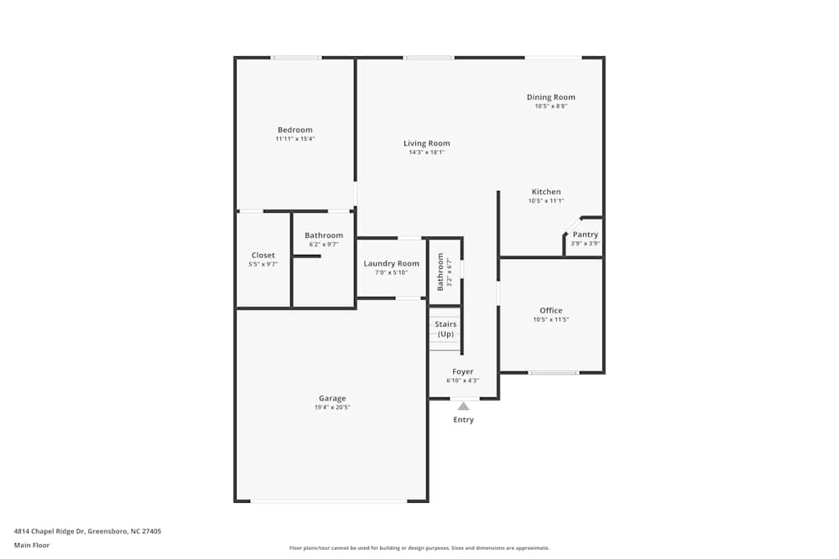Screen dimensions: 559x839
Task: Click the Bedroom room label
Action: coord(294,130)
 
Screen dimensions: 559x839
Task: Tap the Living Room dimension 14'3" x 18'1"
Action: coord(426,153)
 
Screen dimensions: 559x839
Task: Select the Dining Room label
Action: coord(550,97)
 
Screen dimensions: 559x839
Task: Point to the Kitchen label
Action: coord(545,192)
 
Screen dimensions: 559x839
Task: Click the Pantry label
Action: coord(585,235)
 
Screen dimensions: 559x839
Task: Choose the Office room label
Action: coord(550,311)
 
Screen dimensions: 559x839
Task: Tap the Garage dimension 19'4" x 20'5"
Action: coord(332,407)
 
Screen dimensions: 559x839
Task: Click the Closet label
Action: coord(263,256)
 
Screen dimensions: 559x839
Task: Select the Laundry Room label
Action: coord(391,264)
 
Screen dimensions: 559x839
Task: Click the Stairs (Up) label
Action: coord(446,329)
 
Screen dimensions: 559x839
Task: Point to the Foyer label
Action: coord(462,371)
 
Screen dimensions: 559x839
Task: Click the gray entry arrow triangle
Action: coord(463,406)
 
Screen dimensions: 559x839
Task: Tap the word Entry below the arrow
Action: coord(463,420)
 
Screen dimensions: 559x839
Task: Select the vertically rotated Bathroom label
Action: coord(440,272)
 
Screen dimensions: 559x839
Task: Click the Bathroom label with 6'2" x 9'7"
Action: coord(323,236)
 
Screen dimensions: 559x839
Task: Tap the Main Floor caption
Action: coord(32,545)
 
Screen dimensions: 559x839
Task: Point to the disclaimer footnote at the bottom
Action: coord(419,547)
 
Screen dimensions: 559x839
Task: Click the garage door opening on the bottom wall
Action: coord(329,501)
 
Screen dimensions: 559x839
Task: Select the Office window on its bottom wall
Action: coord(553,372)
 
